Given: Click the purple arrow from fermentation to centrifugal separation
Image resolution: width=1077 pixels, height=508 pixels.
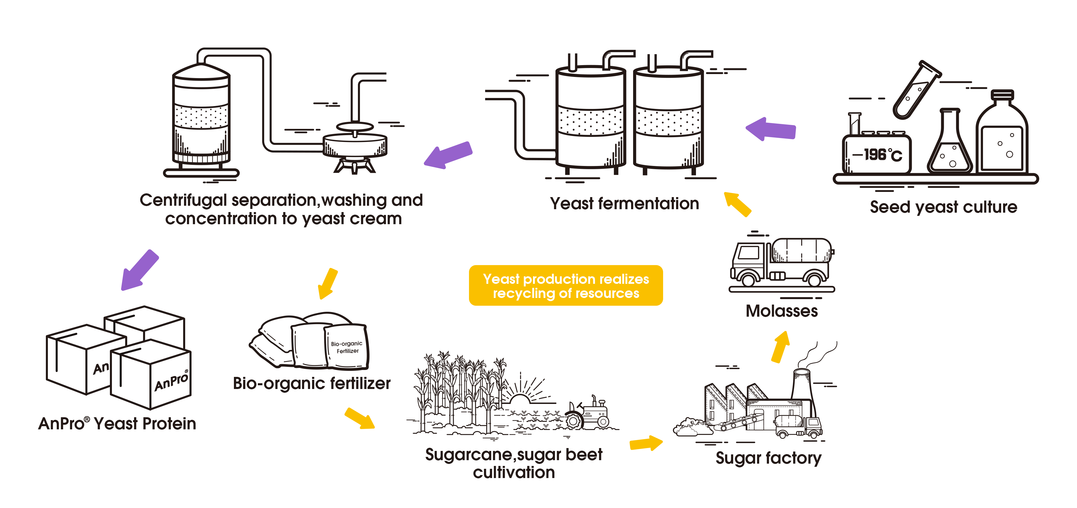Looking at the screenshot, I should (448, 155).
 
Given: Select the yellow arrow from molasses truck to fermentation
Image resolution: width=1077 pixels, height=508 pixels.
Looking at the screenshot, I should (738, 204).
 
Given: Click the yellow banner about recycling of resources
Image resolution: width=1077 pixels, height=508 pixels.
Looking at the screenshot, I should (566, 286).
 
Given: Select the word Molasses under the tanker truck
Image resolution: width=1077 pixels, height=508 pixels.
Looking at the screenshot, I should (781, 311).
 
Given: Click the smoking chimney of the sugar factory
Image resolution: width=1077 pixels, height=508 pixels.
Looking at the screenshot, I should (802, 384).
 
